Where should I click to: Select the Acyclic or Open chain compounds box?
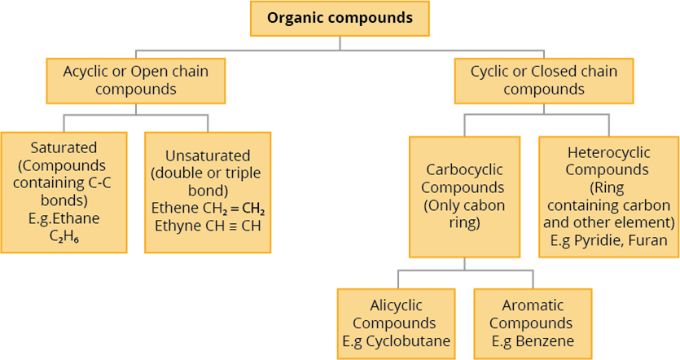(x=136, y=80)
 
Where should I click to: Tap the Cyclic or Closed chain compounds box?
(x=544, y=80)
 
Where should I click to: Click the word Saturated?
(x=64, y=148)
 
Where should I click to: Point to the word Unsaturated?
(x=208, y=156)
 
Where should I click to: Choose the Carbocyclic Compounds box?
(x=464, y=196)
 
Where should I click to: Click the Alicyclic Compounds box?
(x=396, y=323)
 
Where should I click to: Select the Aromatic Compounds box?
(x=533, y=323)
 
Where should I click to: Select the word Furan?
(x=647, y=241)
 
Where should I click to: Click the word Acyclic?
(x=86, y=72)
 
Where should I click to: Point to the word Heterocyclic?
(x=607, y=152)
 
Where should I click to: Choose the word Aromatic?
(x=533, y=306)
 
